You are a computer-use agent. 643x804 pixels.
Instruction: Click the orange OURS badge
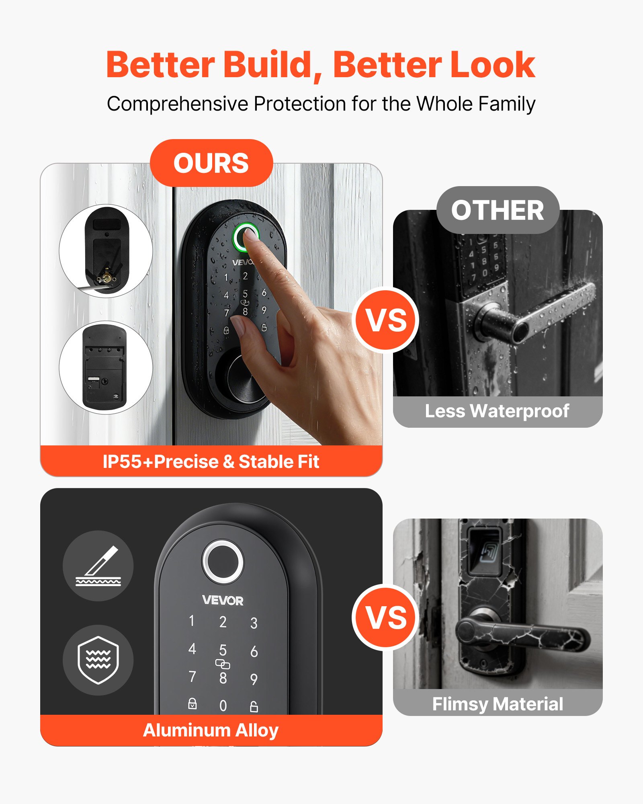(x=211, y=163)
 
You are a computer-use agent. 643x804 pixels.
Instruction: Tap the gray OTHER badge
(x=498, y=210)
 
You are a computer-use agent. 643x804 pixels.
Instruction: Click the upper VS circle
(x=386, y=320)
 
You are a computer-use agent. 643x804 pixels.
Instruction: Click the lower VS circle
(x=386, y=618)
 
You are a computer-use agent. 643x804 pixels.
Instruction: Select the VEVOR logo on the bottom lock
(x=223, y=601)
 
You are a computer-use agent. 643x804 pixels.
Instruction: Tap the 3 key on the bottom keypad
(x=254, y=623)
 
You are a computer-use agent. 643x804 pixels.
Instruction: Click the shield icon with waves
(x=98, y=660)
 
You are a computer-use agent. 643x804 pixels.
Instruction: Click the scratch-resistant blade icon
(x=98, y=566)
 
